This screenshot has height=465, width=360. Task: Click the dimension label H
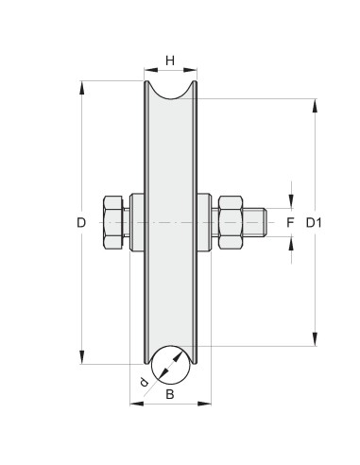[x=171, y=60]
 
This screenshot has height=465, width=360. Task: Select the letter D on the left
[x=82, y=223]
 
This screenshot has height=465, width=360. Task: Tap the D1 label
[x=316, y=223]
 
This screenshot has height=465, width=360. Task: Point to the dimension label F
[x=291, y=223]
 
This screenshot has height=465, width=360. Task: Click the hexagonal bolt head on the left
[x=112, y=223]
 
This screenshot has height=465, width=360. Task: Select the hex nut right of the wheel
[x=232, y=223]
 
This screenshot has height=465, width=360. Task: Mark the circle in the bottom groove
[x=171, y=363]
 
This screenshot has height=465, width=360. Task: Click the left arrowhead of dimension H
[x=148, y=71]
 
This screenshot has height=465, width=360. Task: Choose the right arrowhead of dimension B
[x=206, y=404]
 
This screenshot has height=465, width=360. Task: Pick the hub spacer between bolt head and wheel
[x=136, y=223]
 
